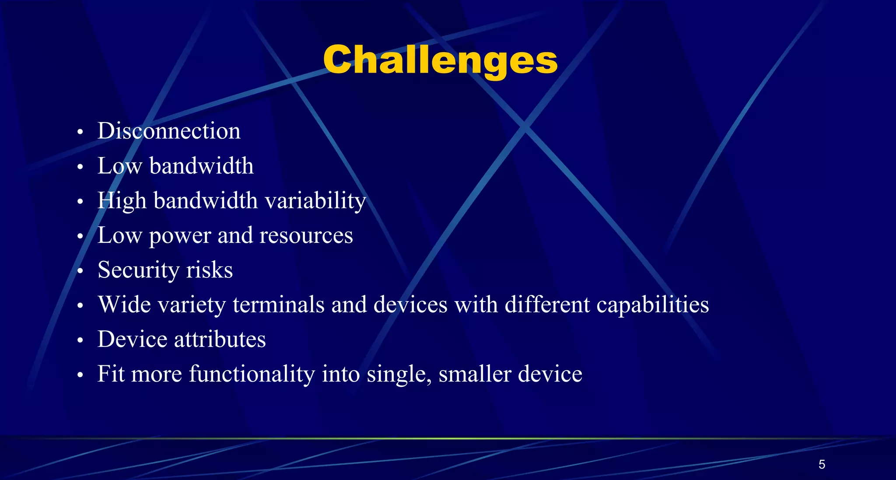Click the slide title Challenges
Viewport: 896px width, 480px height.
[x=440, y=60]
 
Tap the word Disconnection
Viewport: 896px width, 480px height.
[x=169, y=131]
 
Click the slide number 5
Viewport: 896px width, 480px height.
[x=822, y=464]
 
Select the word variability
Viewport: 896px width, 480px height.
[x=315, y=201]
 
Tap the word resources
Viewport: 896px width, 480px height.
[x=306, y=235]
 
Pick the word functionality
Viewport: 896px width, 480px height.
[x=252, y=374]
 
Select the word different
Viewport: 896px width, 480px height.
[x=547, y=305]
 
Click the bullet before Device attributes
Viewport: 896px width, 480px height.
[x=80, y=340]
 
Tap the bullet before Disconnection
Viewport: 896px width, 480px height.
[x=80, y=132]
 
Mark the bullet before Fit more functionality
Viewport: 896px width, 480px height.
[x=80, y=375]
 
